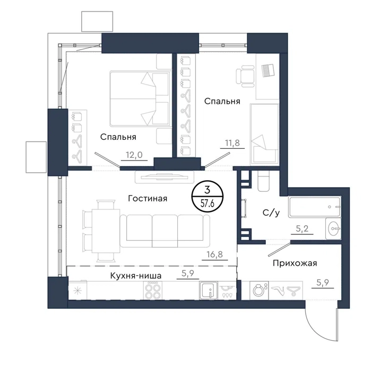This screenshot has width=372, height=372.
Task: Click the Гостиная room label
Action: [x=148, y=198]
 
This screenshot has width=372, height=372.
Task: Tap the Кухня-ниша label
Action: [x=136, y=276]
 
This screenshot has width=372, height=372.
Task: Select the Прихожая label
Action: [x=295, y=263]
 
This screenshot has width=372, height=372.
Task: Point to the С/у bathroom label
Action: [x=271, y=213]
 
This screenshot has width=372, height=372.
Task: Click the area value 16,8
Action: [x=215, y=255]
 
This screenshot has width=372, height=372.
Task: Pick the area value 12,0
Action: [x=134, y=155]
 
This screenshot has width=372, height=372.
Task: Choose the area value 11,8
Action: [x=232, y=143]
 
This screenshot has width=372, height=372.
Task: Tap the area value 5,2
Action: [x=302, y=229]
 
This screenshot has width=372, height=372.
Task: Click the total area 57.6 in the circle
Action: [x=207, y=204]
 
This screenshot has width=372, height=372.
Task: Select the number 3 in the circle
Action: [x=207, y=190]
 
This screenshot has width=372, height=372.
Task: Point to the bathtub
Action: [x=315, y=207]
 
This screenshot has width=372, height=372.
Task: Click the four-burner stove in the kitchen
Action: [x=153, y=290]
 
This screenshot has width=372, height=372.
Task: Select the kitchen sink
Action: [x=209, y=290]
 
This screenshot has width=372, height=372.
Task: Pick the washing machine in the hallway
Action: [x=259, y=290]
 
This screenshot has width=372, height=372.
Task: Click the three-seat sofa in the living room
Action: [x=165, y=231]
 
